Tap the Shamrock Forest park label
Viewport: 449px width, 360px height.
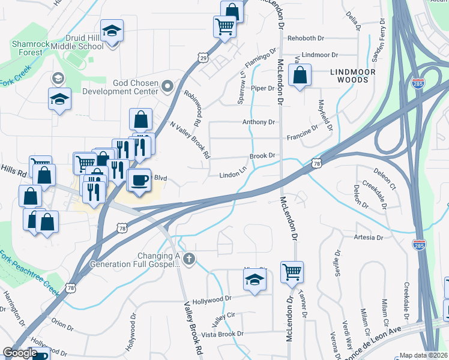click(26, 48)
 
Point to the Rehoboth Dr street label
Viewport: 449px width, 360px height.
click(306, 38)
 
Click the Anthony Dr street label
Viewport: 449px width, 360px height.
click(258, 122)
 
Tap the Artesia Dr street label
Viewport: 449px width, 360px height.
click(368, 238)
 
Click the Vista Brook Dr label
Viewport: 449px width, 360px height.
click(223, 334)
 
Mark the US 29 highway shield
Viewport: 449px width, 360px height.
click(203, 58)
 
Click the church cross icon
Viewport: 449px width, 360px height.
click(190, 259)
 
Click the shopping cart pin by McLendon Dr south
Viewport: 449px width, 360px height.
click(292, 272)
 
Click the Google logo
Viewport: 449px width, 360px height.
click(19, 353)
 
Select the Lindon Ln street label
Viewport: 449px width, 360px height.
click(233, 175)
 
